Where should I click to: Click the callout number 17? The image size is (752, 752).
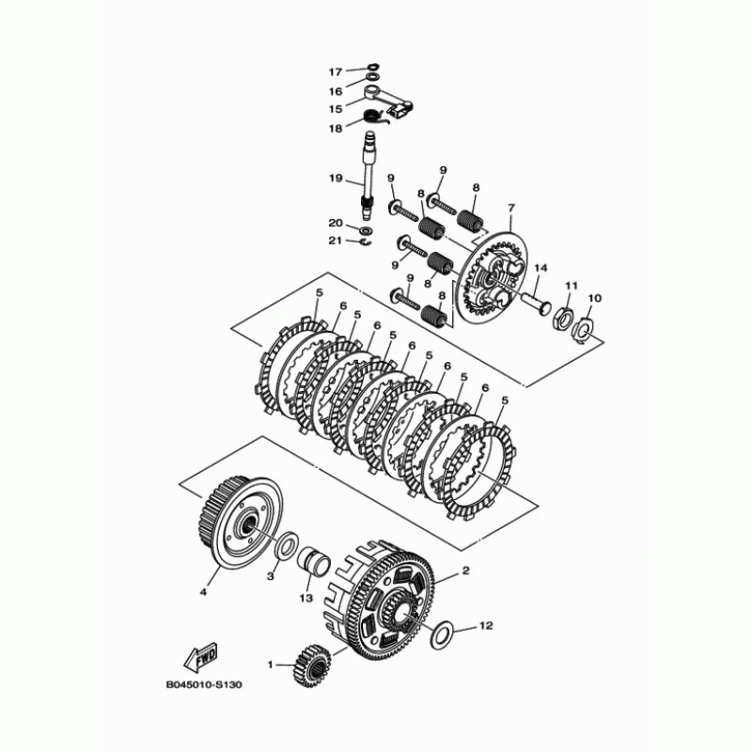336,72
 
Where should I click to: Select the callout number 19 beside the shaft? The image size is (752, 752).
336,179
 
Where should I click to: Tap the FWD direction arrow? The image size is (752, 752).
201,655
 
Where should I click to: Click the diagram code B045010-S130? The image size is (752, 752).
204,684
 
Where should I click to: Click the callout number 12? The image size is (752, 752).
486,624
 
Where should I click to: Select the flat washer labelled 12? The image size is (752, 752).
440,634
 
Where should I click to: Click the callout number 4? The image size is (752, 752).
200,592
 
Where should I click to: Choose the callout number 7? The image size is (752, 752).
511,207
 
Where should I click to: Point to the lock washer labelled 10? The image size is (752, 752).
584,328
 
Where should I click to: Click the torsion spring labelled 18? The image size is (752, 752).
375,117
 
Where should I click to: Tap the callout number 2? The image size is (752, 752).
464,571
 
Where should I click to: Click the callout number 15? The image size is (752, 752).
336,109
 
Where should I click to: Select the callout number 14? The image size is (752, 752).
540,270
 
